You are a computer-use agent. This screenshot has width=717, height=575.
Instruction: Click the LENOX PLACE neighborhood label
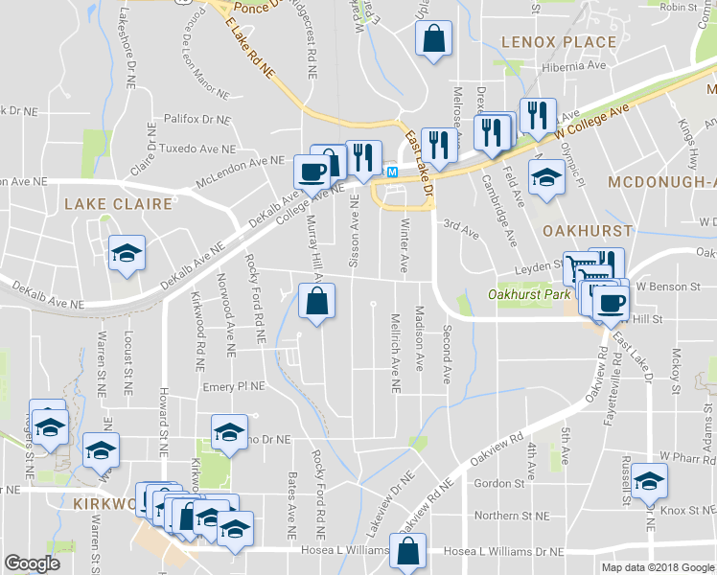click(559, 42)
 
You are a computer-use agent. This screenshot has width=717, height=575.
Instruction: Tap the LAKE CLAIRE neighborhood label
click(118, 204)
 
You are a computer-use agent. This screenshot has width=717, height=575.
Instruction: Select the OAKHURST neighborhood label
click(587, 232)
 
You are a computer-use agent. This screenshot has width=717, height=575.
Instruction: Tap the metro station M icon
click(392, 172)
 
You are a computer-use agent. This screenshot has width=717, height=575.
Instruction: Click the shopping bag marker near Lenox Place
click(433, 40)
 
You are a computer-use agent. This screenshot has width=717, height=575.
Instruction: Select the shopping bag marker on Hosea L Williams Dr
click(408, 552)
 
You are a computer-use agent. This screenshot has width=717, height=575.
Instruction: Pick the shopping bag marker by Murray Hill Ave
click(316, 301)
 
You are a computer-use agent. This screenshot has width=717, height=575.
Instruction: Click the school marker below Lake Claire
click(127, 253)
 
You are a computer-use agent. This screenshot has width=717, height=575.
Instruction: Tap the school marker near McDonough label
click(546, 178)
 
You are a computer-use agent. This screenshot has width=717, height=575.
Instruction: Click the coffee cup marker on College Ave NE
click(312, 172)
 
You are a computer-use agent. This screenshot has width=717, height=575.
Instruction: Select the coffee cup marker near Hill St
click(609, 304)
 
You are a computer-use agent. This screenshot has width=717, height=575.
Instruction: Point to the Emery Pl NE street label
click(233, 385)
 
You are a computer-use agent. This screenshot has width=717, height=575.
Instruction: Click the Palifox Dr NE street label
click(197, 120)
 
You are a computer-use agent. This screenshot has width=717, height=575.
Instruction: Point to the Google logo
click(32, 563)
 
